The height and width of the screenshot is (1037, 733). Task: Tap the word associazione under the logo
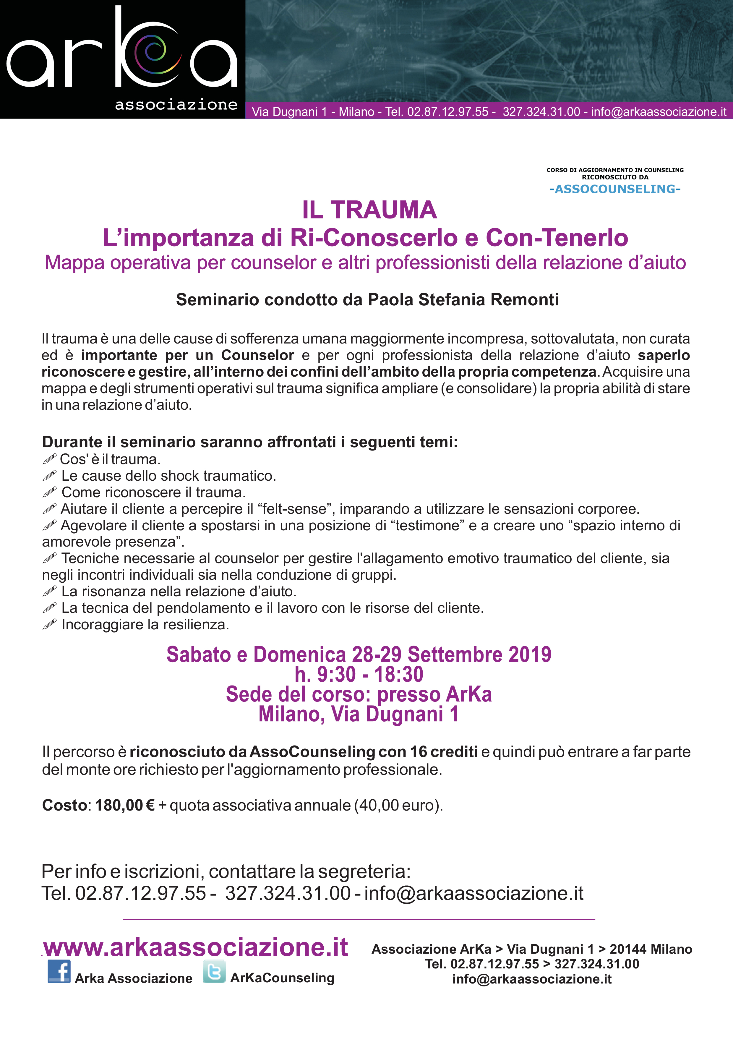(176, 105)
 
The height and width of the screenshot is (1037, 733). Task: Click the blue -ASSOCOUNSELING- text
(615, 189)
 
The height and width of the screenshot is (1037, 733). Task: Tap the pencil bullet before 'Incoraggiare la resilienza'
(49, 624)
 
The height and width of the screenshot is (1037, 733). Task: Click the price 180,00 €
(125, 805)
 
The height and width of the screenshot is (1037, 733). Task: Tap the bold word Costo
(64, 805)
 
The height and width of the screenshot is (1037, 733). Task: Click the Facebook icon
(59, 971)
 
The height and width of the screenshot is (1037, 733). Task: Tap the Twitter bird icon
(214, 971)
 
